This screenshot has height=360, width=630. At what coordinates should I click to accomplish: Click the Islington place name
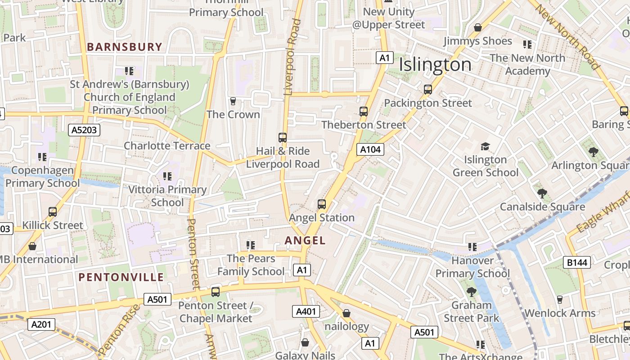coord(435,65)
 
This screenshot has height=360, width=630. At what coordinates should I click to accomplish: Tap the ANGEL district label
coord(305,241)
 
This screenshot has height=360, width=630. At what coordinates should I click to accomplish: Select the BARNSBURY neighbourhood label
coord(124,47)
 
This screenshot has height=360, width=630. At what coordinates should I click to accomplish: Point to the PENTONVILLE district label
coord(121,277)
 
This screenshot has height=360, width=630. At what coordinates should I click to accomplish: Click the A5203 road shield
coord(85,130)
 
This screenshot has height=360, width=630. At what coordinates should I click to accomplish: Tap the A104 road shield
coord(370,149)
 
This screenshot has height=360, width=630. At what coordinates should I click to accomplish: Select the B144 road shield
coord(576,263)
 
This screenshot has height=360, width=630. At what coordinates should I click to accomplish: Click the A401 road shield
coord(306,311)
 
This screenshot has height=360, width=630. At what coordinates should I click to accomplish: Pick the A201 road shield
coord(41,324)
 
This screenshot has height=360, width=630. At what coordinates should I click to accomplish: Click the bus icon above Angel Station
coord(321,204)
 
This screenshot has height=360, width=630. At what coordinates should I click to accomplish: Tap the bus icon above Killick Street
coord(53,212)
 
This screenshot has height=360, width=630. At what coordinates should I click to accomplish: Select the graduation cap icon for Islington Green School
coord(485,147)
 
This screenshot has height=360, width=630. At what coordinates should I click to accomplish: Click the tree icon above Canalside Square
coord(542,193)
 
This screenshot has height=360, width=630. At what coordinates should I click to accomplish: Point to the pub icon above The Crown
coord(233,101)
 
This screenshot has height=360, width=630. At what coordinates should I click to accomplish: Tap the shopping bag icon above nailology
coord(346,313)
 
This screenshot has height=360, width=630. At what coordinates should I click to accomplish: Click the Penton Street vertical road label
coord(193,254)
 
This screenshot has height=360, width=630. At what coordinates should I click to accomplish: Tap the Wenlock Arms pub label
coord(560,313)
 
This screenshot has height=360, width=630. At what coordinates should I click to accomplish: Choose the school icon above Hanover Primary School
coord(472,247)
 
